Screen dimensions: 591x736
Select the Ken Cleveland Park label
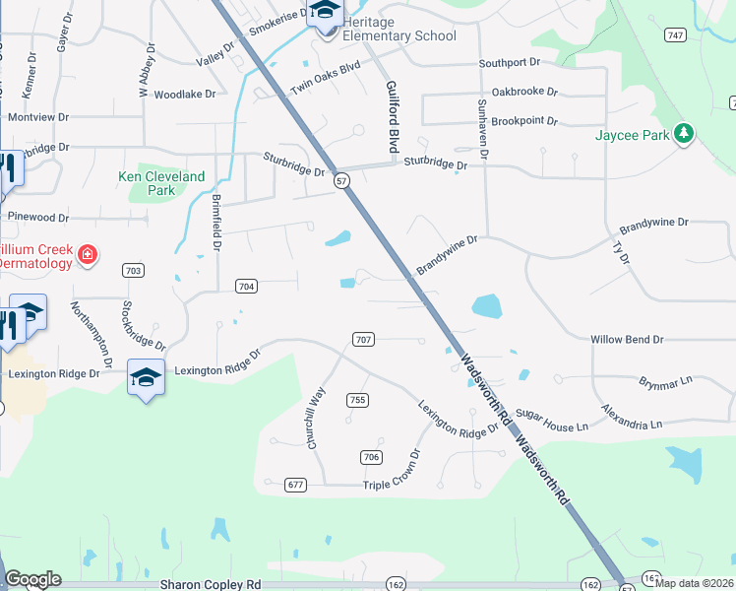click(x=161, y=183)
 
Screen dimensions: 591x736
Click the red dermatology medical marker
click(x=88, y=255)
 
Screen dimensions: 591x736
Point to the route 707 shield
click(x=363, y=340)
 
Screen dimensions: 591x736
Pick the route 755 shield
click(x=357, y=399)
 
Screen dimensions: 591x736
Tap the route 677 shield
click(x=295, y=485)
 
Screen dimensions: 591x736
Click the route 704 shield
click(x=247, y=287)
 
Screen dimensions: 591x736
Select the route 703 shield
click(x=134, y=270)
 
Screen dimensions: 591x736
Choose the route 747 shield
click(x=674, y=35)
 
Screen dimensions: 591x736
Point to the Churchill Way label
click(x=316, y=418)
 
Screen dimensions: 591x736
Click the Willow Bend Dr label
click(x=627, y=339)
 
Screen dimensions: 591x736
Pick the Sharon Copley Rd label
click(x=211, y=584)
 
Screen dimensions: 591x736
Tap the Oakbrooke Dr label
click(x=524, y=92)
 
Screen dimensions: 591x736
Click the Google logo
click(x=32, y=579)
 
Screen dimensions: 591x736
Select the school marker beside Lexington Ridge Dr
click(x=146, y=377)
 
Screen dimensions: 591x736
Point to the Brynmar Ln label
click(x=666, y=380)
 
